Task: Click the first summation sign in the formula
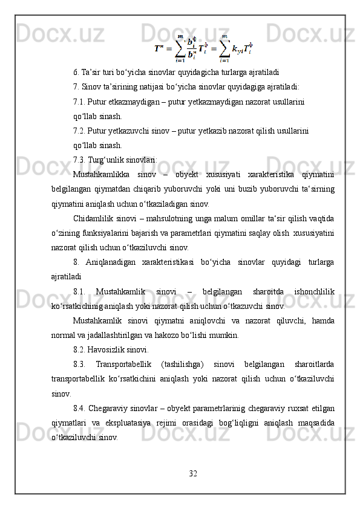pyautogui.click(x=180, y=47)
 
